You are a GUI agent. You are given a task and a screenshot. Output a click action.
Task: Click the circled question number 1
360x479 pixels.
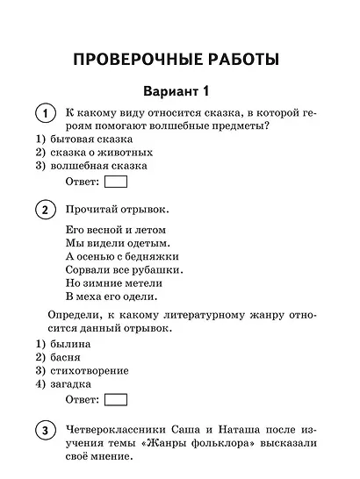pyautogui.click(x=42, y=115)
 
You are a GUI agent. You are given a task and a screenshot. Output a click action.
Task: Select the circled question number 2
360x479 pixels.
pyautogui.click(x=42, y=211)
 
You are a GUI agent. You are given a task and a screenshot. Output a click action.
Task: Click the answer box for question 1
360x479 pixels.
pyautogui.click(x=116, y=182)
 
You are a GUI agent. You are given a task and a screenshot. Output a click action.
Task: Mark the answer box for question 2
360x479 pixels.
pyautogui.click(x=116, y=400)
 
